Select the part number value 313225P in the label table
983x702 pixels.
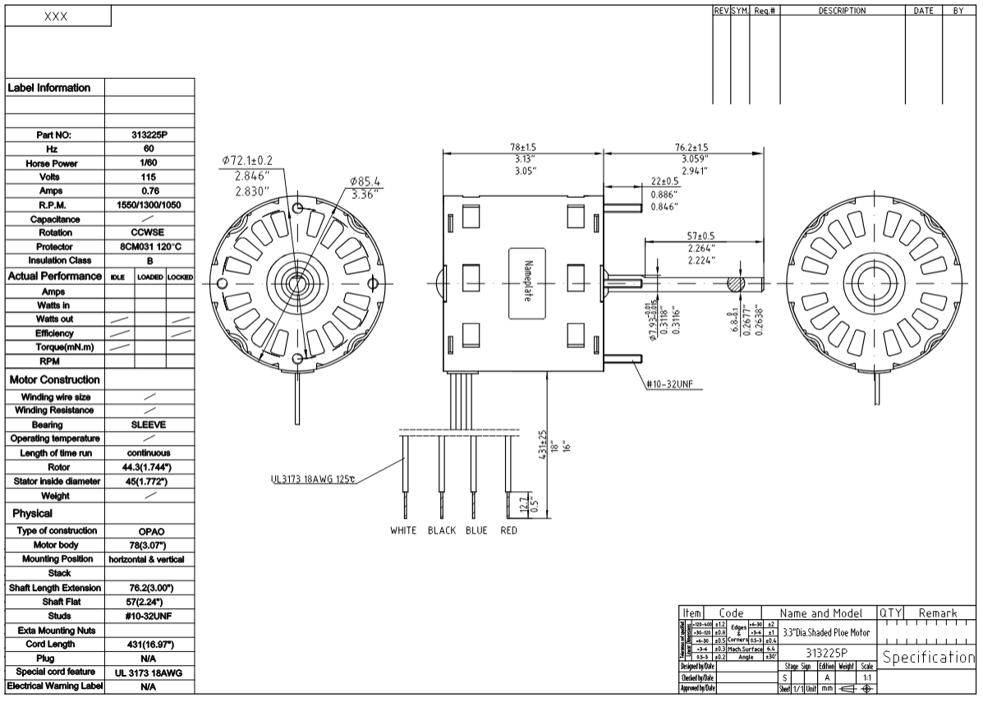pos(149,135)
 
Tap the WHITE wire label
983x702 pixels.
pos(403,530)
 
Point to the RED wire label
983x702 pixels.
pos(508,530)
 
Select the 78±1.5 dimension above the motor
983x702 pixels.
pos(522,147)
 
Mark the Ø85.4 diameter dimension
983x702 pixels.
pos(363,181)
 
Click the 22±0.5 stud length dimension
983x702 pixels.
pos(665,181)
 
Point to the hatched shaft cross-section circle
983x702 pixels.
pos(735,284)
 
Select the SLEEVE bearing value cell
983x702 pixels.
pos(149,425)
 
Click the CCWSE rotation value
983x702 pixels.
pos(149,232)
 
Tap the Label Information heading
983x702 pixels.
pos(50,88)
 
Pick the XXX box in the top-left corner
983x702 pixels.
pos(56,17)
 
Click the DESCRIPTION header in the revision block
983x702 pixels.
pos(842,11)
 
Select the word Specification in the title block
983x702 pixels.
pos(929,658)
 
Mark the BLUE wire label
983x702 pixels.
pos(476,530)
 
